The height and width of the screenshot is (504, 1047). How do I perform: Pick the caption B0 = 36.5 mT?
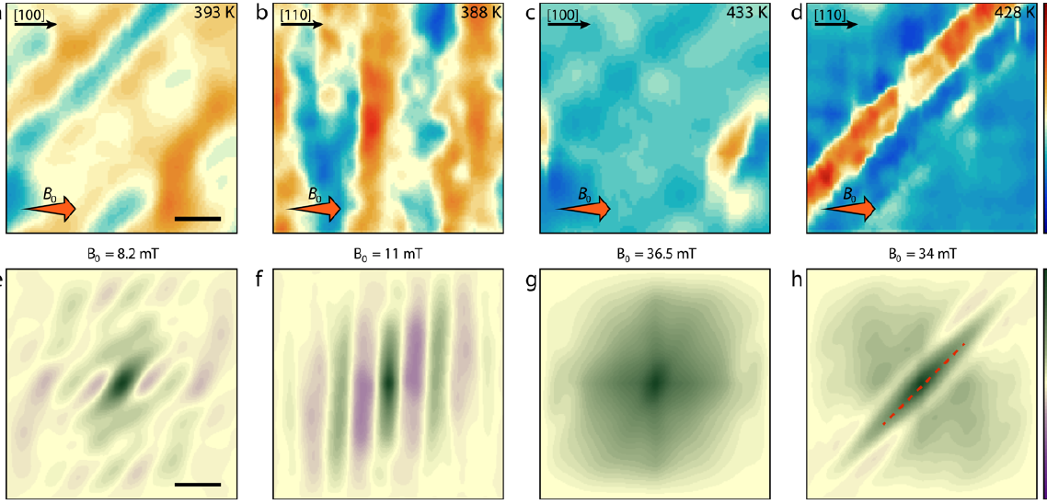coord(654,250)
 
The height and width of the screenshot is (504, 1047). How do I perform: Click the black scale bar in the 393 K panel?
coord(198,219)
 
